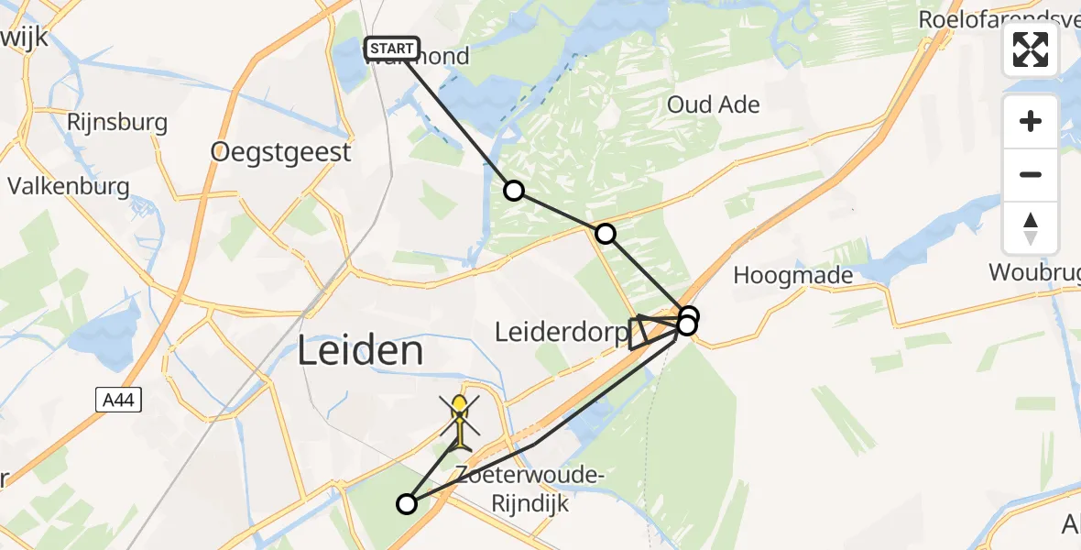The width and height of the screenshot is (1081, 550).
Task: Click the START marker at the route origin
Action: (392, 49)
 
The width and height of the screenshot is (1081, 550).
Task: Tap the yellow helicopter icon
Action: (460, 421)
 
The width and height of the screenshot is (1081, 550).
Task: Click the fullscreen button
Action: (1031, 49)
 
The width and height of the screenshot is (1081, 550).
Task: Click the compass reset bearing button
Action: (1031, 227)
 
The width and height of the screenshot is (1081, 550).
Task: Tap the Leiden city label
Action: (362, 351)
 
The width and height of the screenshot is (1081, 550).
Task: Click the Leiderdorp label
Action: (559, 332)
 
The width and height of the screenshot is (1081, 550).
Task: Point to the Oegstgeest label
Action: (280, 152)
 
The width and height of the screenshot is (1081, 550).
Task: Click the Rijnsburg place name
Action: (117, 122)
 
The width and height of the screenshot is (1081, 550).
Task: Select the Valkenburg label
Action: (69, 185)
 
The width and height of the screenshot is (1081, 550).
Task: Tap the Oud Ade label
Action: (713, 104)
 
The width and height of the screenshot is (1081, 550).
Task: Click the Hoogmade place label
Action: (793, 275)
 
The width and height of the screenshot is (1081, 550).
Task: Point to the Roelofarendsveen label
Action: (999, 21)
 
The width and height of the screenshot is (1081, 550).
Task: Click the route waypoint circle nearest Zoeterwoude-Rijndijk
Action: (407, 503)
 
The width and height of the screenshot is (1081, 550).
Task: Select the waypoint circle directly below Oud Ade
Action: (606, 234)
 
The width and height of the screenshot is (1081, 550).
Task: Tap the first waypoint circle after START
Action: (514, 191)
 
